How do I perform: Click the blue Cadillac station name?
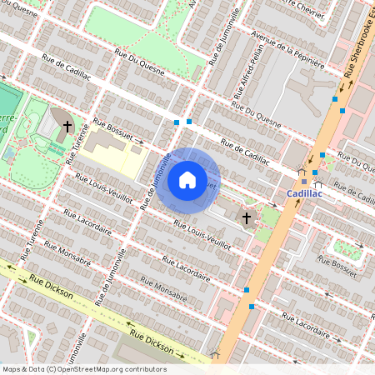[303, 192]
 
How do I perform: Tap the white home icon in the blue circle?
[187, 179]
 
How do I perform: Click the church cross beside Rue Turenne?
[67, 127]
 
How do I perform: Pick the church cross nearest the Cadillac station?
[246, 218]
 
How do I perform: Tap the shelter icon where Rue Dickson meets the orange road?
[215, 354]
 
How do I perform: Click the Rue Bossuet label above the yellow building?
[112, 128]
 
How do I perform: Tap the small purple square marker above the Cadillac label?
[304, 181]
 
